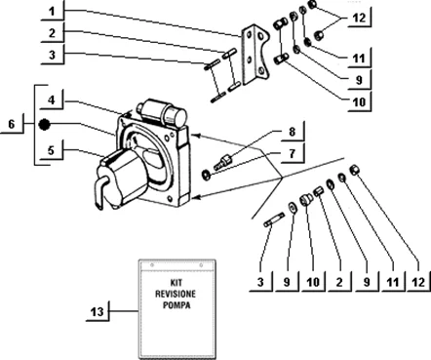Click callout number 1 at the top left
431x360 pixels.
click(52, 12)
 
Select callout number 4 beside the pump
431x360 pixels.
click(52, 100)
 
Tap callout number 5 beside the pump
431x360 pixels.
click(51, 150)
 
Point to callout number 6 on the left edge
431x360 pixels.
click(12, 124)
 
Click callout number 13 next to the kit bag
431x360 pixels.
click(97, 312)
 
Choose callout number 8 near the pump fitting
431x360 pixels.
click(293, 132)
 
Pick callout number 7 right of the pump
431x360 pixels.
click(293, 153)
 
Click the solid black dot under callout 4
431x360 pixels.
click(44, 124)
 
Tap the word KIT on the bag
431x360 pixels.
click(176, 282)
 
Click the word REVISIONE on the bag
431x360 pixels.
click(176, 294)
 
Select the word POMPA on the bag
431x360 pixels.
click(176, 305)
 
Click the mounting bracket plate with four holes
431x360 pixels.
click(255, 56)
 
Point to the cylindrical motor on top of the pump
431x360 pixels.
click(162, 111)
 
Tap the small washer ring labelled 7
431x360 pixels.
click(206, 175)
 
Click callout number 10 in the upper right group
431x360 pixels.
click(359, 102)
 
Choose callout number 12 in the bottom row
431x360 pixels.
click(418, 282)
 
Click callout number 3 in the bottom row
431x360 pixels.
click(260, 282)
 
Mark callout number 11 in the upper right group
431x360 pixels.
click(359, 59)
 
